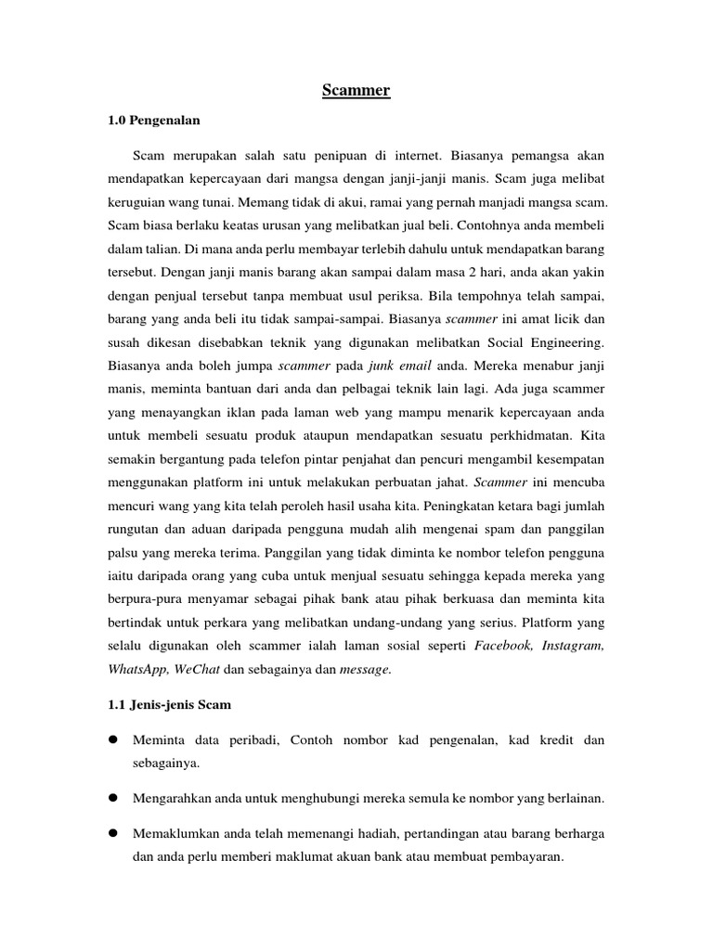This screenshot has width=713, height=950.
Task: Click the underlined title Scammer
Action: pos(356,90)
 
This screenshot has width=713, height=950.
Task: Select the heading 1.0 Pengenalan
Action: pos(155,121)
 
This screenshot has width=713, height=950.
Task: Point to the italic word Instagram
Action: pos(571,645)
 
